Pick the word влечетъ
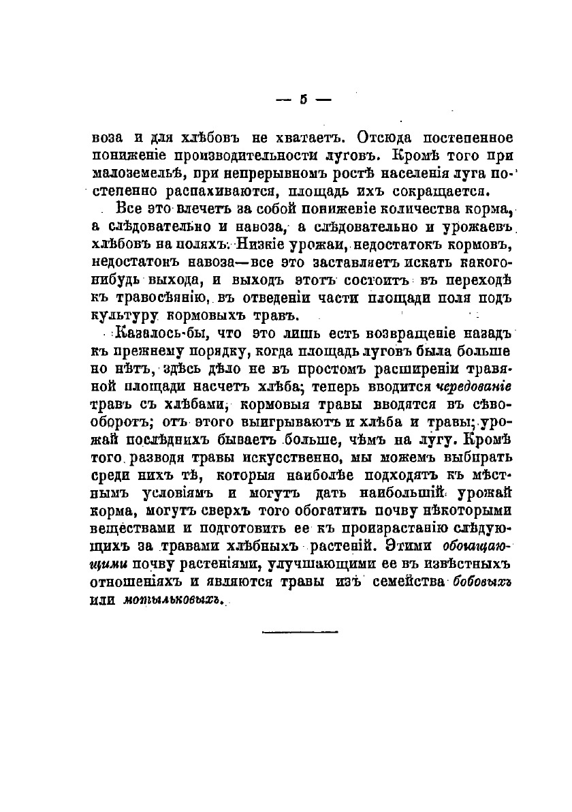(186, 208)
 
